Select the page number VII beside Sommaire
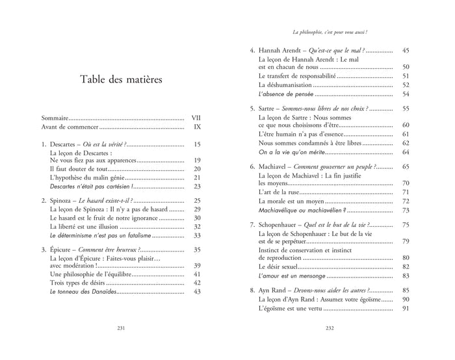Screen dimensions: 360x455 coord(197,118)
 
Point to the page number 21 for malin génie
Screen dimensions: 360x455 coord(198,177)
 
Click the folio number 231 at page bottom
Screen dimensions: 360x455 coord(120,345)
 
